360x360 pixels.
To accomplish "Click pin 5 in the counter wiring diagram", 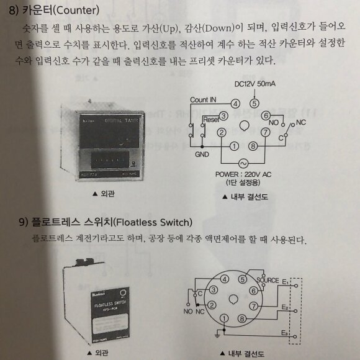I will click(254, 103).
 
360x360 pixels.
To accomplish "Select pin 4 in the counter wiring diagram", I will click(236, 103).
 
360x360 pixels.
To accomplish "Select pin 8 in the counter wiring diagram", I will click(253, 147).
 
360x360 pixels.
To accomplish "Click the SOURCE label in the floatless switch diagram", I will click(268, 281).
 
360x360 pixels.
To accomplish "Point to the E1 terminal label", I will click(286, 282).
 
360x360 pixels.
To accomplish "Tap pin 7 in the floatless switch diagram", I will click(254, 306).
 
